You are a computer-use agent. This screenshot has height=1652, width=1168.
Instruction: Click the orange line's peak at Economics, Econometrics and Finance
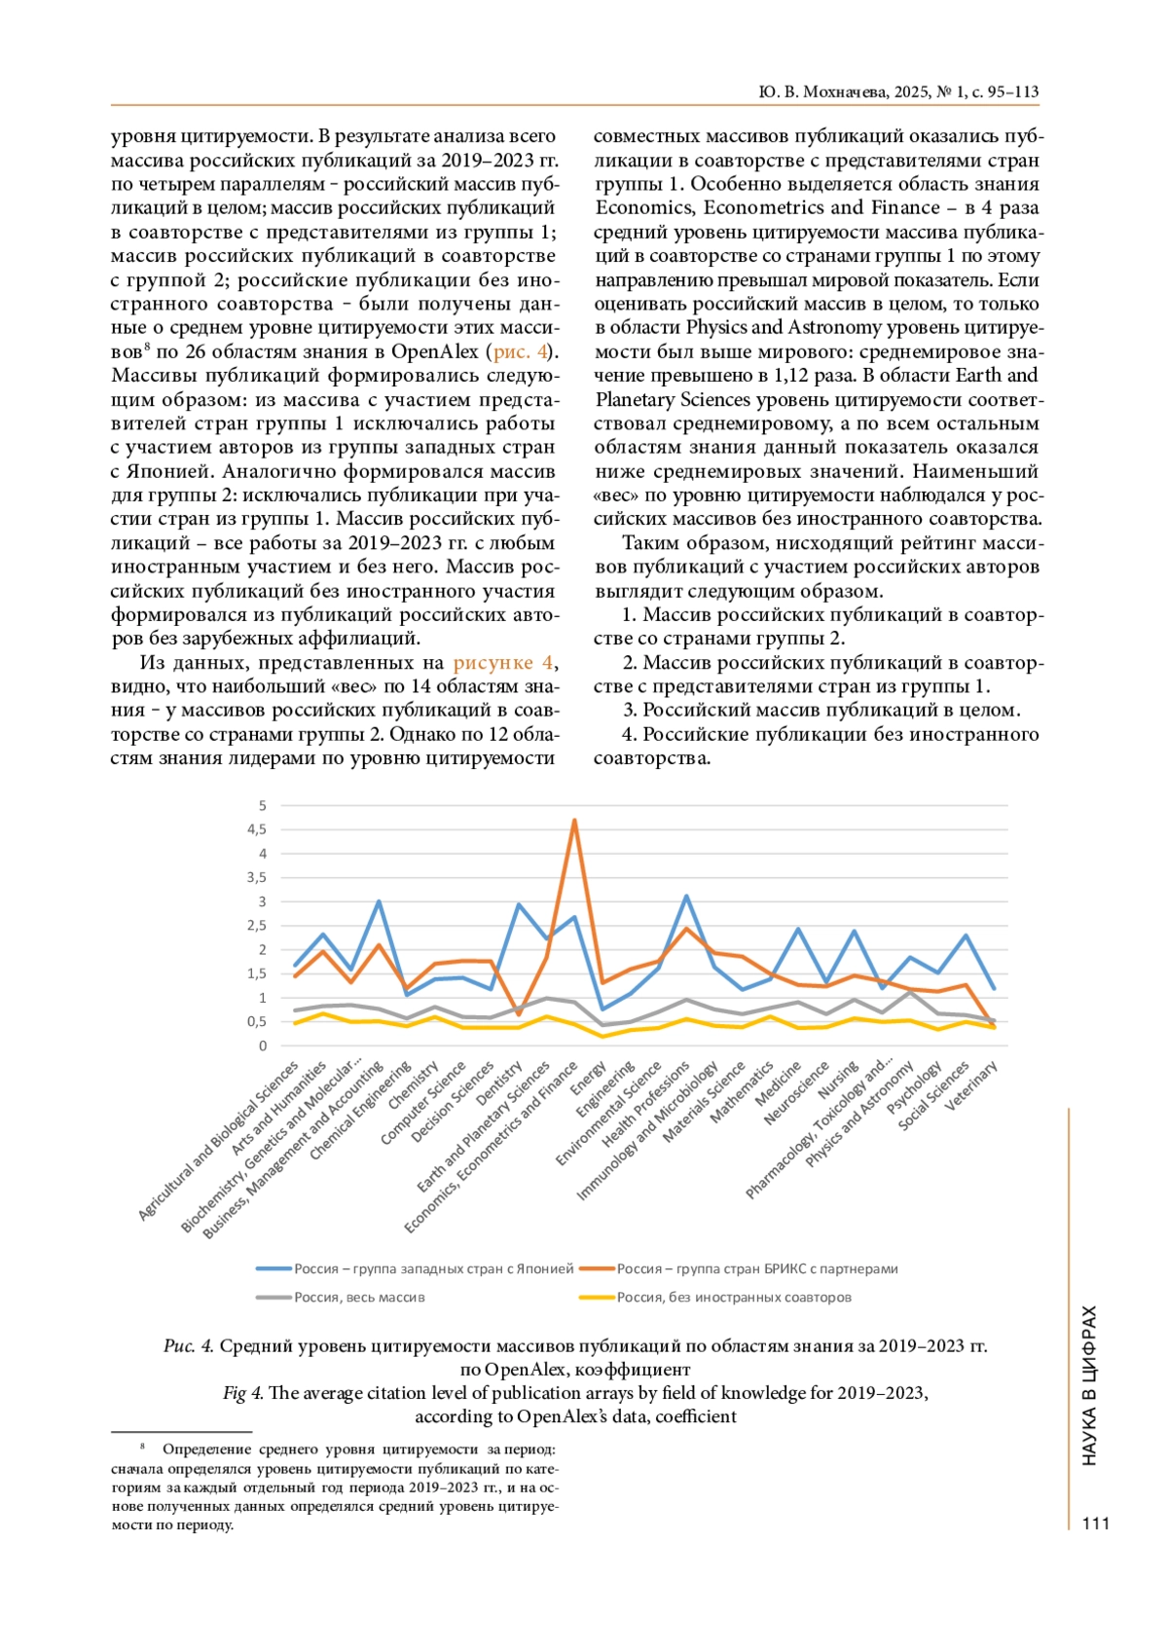pos(574,820)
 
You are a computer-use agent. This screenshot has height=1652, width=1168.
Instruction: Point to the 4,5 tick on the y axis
pos(257,829)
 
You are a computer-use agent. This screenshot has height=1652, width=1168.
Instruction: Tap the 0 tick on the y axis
pos(262,1046)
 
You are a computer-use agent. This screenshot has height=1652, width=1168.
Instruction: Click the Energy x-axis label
pos(590,1078)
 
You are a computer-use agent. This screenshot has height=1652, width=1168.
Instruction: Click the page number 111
pos(1095,1524)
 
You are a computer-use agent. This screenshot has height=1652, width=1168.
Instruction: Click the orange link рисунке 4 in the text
pos(503,663)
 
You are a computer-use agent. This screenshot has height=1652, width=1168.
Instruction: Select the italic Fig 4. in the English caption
pos(242,1393)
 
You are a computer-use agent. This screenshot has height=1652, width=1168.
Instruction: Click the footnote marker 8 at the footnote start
pos(142,1447)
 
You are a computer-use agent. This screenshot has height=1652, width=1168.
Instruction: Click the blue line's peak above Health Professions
pos(686,897)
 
